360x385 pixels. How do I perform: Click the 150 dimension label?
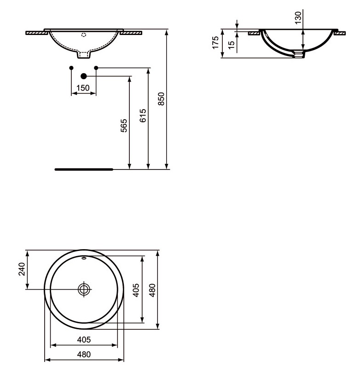(x=83, y=88)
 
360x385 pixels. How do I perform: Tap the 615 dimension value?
(x=143, y=116)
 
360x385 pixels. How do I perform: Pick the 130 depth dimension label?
(x=298, y=17)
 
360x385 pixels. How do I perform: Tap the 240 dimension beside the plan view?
(x=21, y=269)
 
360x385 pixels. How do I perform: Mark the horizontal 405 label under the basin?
(x=83, y=339)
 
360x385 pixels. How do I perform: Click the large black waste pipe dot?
(x=83, y=76)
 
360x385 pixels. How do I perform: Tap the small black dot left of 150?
(x=71, y=68)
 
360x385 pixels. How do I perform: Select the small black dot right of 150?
(x=96, y=68)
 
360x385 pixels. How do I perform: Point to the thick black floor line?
(x=83, y=169)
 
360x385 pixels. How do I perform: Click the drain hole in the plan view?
(x=84, y=289)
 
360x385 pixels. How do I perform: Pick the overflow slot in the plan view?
(x=84, y=259)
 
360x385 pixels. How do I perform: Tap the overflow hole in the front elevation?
(x=83, y=35)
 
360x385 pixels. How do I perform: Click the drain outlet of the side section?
(x=299, y=55)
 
